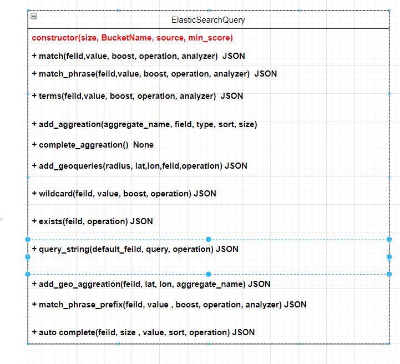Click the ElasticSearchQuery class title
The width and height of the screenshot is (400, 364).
click(208, 20)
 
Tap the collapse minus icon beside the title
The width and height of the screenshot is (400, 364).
click(34, 16)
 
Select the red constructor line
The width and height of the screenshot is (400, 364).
click(132, 38)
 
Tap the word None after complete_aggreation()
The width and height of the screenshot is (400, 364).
click(143, 145)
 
